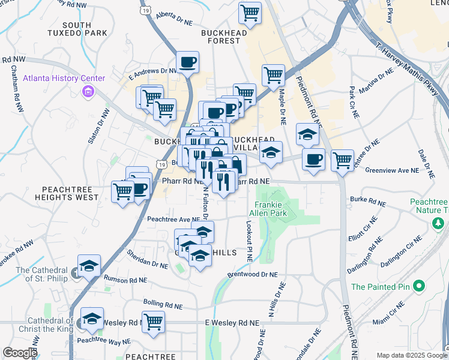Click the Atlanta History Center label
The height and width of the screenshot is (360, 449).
(64, 79)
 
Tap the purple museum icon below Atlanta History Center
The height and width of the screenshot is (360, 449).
(88, 92)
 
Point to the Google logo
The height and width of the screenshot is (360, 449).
(19, 353)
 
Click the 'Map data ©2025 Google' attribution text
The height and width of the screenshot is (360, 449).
(412, 355)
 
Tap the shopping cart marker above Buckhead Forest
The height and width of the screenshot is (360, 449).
(250, 12)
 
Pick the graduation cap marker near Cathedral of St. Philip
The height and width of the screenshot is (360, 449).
(89, 265)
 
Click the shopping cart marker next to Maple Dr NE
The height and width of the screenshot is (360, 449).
(273, 75)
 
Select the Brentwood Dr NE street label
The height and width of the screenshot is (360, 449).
(253, 274)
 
